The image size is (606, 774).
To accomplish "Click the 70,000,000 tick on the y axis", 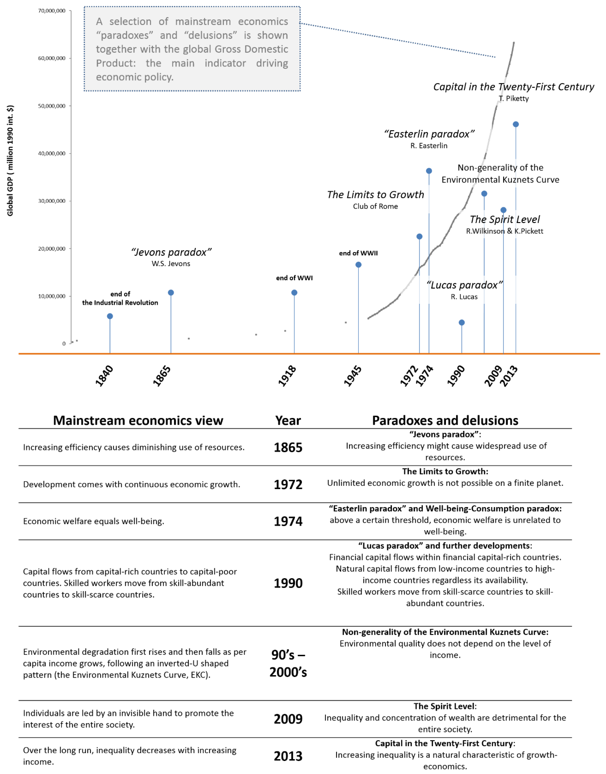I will coord(52,11).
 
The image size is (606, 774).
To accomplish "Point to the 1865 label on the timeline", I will coord(162,375).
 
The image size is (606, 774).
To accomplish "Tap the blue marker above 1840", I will coord(110,316).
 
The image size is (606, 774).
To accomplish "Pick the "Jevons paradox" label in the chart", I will coord(171,252).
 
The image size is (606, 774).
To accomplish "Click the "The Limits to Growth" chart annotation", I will coord(375,195).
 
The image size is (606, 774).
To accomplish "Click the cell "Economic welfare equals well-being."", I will coord(94,521).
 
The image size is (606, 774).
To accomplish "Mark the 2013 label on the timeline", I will coord(509,376).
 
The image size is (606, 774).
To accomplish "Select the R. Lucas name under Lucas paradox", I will coord(464,297).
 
